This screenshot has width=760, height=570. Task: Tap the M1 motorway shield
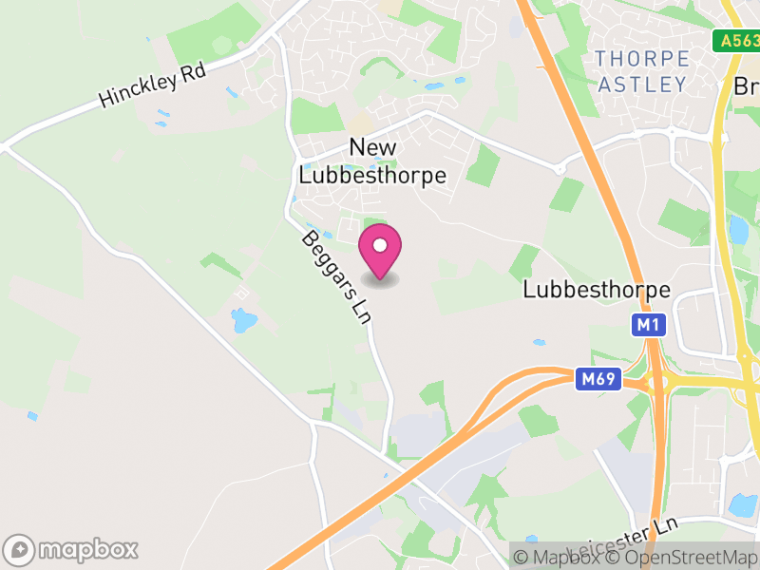(x=648, y=326)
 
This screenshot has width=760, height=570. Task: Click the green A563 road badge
(x=737, y=41)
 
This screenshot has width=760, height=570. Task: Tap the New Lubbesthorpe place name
(x=372, y=161)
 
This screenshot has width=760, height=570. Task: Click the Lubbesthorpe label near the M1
(x=597, y=290)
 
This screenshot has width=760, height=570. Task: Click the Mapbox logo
(x=72, y=549)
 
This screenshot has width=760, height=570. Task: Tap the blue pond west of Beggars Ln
(x=244, y=320)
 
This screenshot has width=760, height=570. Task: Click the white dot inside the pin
(x=380, y=245)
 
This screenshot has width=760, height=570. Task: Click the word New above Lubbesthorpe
(x=372, y=147)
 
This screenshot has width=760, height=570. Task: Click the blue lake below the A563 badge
(x=738, y=229)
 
